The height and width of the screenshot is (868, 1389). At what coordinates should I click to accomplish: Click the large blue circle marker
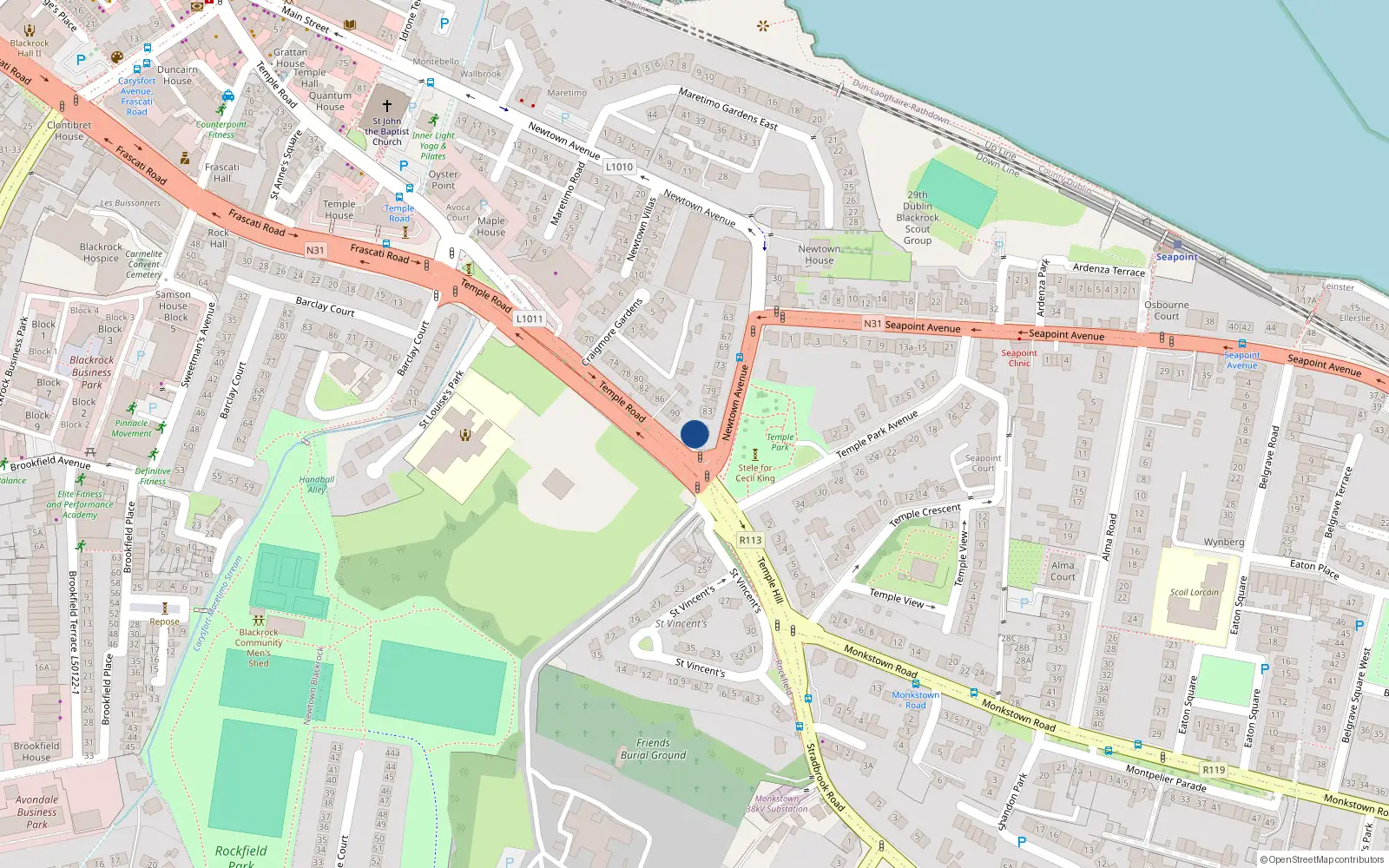pyautogui.click(x=694, y=434)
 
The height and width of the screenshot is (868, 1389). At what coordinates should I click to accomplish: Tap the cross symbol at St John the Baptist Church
pyautogui.click(x=387, y=106)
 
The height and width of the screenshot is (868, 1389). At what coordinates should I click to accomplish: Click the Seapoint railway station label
pyautogui.click(x=1176, y=257)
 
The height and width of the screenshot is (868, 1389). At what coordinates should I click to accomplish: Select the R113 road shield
pyautogui.click(x=750, y=540)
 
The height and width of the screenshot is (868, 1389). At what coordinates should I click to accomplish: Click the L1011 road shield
pyautogui.click(x=529, y=319)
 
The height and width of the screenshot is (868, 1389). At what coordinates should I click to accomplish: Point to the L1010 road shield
pyautogui.click(x=619, y=167)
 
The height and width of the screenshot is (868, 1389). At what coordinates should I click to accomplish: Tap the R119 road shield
pyautogui.click(x=1214, y=770)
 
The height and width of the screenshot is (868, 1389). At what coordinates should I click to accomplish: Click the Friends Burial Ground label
pyautogui.click(x=653, y=749)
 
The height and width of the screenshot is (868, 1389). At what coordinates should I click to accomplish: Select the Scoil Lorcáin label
pyautogui.click(x=1194, y=593)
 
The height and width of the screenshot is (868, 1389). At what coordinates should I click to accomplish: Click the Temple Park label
pyautogui.click(x=780, y=442)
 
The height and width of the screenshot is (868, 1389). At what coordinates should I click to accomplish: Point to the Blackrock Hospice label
pyautogui.click(x=101, y=253)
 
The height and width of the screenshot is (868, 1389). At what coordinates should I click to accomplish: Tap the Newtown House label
pyautogui.click(x=819, y=254)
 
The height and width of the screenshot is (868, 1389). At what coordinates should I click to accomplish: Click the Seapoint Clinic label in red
pyautogui.click(x=1019, y=358)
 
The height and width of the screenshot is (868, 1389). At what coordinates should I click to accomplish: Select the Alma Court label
pyautogui.click(x=1063, y=571)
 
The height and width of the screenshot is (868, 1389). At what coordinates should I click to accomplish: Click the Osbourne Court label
pyautogui.click(x=1167, y=310)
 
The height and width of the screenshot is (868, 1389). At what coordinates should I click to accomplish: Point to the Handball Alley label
pyautogui.click(x=317, y=484)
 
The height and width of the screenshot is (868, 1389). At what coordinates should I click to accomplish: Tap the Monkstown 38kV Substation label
pyautogui.click(x=777, y=804)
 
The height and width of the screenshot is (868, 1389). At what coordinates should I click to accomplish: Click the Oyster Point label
pyautogui.click(x=443, y=180)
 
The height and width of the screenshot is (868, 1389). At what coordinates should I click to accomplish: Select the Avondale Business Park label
pyautogui.click(x=36, y=812)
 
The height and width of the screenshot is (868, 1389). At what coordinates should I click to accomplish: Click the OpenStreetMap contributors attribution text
pyautogui.click(x=1326, y=860)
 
